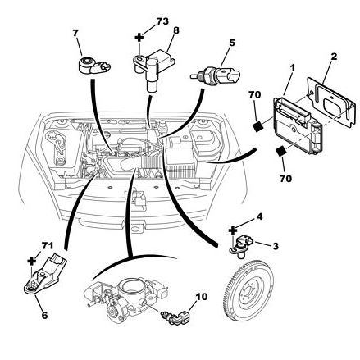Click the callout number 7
(x=75, y=33)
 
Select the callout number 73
(x=162, y=21)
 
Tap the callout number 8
(x=176, y=30)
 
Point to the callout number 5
(x=232, y=43)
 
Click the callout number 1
(x=293, y=68)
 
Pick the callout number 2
(x=334, y=57)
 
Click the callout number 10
(x=202, y=297)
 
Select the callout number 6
(x=44, y=315)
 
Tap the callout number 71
(x=48, y=245)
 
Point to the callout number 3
(x=276, y=246)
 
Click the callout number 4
(x=259, y=216)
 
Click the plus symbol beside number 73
(x=139, y=37)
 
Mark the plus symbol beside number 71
(x=32, y=261)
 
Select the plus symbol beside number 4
(x=233, y=231)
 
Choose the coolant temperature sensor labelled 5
(x=216, y=75)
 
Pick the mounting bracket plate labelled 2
(x=330, y=102)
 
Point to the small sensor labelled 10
(x=175, y=317)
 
